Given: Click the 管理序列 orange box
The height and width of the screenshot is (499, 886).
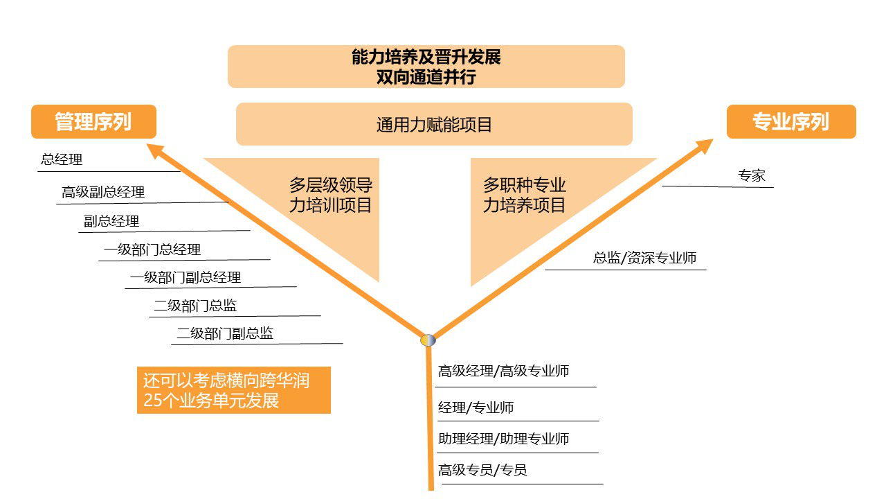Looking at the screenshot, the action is coord(93,121).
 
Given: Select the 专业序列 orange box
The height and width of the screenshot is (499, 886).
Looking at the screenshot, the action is coord(791,121).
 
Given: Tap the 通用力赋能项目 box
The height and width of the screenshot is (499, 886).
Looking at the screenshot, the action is coord(434,124).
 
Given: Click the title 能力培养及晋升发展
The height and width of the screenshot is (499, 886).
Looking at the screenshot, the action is coord(426,57).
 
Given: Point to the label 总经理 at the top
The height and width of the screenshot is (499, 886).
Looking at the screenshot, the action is coord(62,159).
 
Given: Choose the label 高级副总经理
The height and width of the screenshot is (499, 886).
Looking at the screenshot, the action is coord(103,193).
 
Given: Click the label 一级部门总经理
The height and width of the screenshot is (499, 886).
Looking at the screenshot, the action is coord(152,250).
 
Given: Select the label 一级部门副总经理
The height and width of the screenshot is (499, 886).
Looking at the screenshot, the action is coord(186,278).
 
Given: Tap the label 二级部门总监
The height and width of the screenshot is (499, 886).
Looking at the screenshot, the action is coord(195,306).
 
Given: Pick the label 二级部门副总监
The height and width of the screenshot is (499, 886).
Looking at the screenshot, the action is coord(225,333).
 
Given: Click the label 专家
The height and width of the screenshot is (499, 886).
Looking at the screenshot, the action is coord(752,175).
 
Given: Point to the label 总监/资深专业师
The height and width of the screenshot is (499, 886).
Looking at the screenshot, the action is coord(644,259).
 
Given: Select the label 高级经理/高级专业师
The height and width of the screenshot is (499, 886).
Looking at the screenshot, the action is coord(503,371).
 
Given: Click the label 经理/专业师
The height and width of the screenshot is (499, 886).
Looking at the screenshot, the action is coord(476,408).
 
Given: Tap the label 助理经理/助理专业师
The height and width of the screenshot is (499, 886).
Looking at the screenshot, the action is coord(503,439).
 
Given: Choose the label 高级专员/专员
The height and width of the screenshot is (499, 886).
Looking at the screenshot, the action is coord(482,471).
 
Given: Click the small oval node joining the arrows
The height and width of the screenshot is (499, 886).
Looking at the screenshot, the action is coord(428,340).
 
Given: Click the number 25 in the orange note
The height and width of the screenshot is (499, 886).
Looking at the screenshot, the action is coord(153,401).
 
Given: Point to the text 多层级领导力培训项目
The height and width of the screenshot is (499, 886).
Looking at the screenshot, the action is coord(331,195).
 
